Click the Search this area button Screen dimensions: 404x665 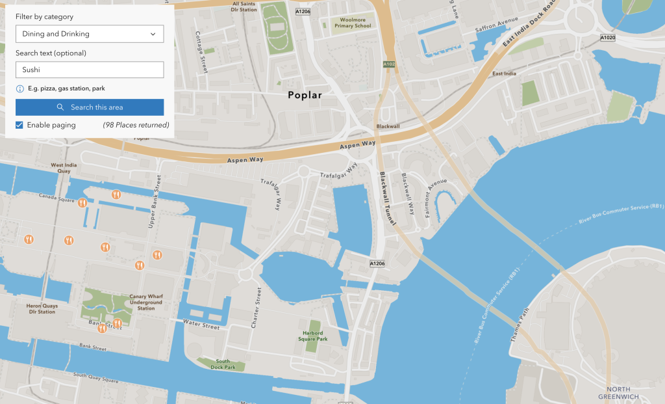(90, 107)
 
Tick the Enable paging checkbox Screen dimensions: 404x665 (19, 125)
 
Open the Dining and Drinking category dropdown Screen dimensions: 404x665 (90, 34)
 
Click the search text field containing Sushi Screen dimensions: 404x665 (90, 70)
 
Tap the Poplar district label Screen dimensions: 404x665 (305, 95)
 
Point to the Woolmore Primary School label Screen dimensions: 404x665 (353, 24)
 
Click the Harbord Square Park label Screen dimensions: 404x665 (312, 336)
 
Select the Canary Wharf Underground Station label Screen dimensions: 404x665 (146, 302)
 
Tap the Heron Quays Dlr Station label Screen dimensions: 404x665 (42, 308)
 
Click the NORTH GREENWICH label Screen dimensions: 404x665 (618, 393)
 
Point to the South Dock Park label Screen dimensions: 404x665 (223, 364)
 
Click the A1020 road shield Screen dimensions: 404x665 (607, 38)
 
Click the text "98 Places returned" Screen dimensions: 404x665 (136, 125)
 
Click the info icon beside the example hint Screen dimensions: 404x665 (19, 88)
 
